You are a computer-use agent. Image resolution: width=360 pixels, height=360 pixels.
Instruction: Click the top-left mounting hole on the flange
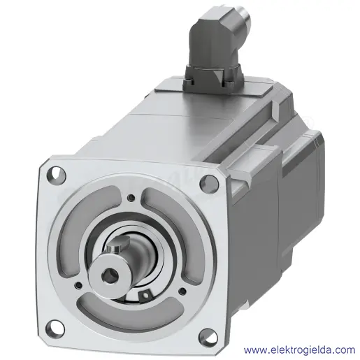pos(56,174)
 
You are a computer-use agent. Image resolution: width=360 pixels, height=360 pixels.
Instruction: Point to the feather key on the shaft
pos(118,245)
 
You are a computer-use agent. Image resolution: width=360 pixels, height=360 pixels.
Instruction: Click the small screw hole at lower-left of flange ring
pos(78,285)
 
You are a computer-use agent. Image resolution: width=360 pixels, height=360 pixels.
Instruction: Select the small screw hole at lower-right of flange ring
pos(183,291)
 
